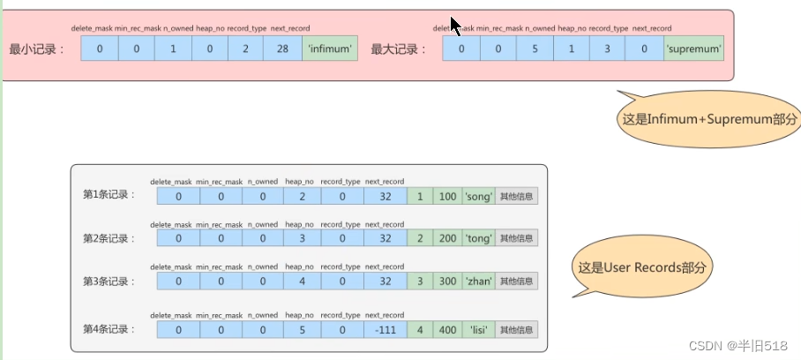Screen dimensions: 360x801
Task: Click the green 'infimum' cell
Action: tap(329, 49)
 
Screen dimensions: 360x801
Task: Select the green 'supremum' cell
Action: tap(694, 49)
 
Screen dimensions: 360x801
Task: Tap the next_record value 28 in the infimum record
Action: tap(282, 49)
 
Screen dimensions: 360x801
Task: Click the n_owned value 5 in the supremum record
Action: tap(535, 49)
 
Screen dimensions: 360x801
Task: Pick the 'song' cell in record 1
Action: tap(478, 195)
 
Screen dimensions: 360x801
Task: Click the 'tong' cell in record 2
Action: tap(478, 238)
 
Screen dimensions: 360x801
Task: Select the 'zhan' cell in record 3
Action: tap(478, 281)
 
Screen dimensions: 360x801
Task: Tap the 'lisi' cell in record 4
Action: tap(478, 329)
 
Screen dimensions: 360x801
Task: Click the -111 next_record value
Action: tap(385, 329)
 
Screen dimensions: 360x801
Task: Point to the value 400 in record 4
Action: tap(447, 329)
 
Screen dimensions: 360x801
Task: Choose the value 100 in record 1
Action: tap(447, 195)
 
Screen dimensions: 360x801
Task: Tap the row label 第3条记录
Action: tap(109, 281)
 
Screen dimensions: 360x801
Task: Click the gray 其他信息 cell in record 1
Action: tap(517, 195)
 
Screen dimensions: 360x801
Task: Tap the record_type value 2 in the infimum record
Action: tap(245, 49)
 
